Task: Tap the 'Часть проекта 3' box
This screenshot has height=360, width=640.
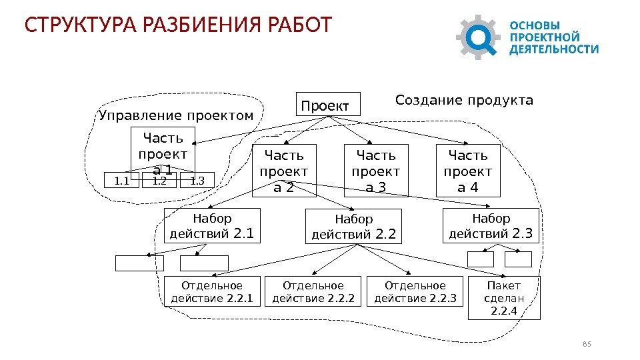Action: (376, 171)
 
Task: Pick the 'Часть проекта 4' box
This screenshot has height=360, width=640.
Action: (467, 171)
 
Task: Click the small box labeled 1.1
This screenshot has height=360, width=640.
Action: (122, 180)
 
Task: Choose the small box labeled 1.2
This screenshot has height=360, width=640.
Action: (159, 180)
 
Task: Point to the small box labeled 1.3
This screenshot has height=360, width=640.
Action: (197, 180)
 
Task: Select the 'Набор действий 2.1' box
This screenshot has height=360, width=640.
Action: (212, 226)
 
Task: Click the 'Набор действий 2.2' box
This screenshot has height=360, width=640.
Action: (354, 227)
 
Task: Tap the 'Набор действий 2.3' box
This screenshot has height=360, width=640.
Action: (491, 225)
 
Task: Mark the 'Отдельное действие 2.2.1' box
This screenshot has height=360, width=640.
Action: (212, 292)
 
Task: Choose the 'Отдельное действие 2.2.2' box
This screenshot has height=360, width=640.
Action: (313, 292)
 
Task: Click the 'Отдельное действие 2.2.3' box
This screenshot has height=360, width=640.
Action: (415, 292)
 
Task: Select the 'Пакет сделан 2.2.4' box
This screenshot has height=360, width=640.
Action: (504, 298)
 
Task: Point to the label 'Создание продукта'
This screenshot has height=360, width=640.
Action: (464, 101)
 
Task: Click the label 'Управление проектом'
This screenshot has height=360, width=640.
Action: (176, 117)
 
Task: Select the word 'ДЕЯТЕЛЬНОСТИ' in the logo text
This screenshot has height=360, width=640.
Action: (554, 49)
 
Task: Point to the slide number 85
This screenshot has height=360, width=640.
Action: (587, 344)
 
